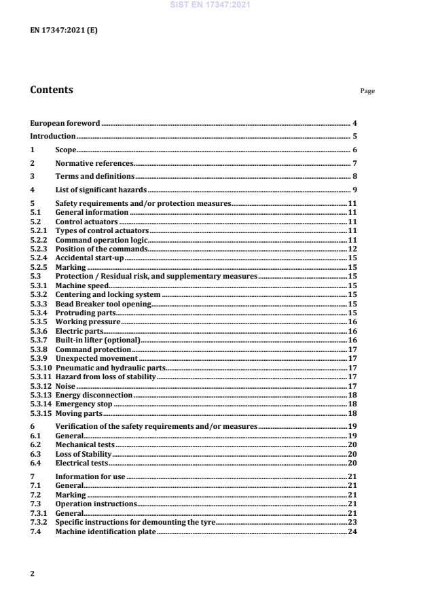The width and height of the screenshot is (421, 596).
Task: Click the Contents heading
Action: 52,90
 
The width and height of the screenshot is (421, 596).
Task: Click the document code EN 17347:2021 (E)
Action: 58,31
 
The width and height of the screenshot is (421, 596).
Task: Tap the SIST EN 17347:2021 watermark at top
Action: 210,5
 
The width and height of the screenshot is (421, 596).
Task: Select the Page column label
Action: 367,91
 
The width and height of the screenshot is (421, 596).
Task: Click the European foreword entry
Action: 65,123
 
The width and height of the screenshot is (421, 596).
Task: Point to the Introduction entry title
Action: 53,136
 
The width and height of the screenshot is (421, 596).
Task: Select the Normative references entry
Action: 94,163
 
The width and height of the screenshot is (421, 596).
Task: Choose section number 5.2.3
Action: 40,249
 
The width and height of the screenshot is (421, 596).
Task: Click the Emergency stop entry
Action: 84,403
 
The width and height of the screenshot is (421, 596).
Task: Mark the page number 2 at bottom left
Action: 33,574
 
